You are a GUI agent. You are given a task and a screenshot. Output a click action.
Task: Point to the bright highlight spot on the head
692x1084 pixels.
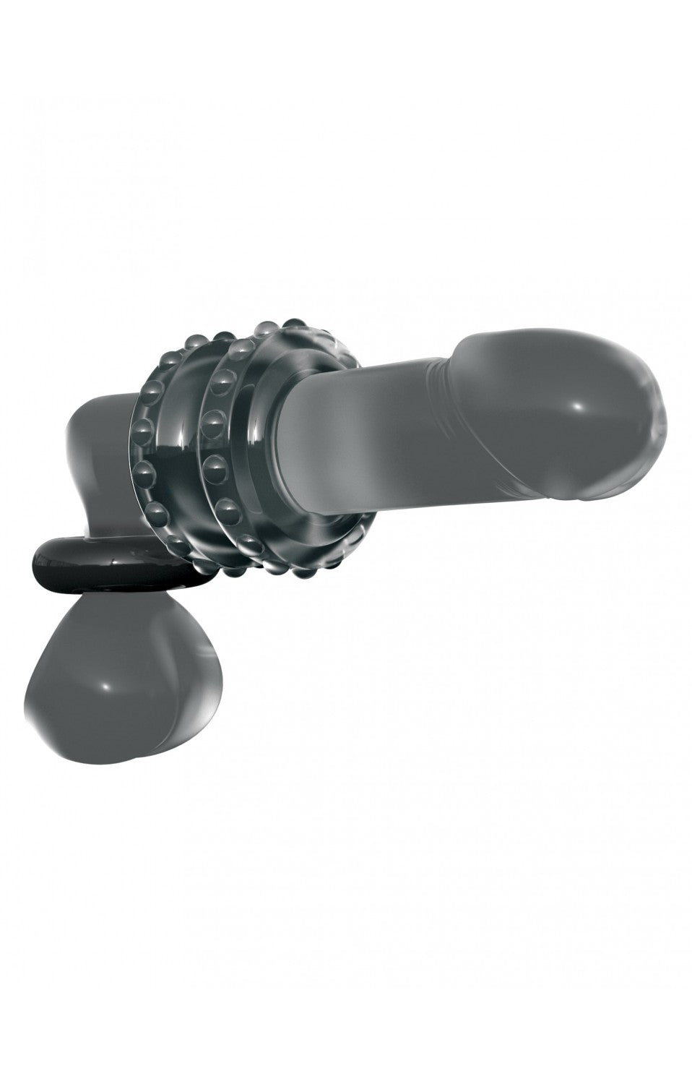coord(578,409)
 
